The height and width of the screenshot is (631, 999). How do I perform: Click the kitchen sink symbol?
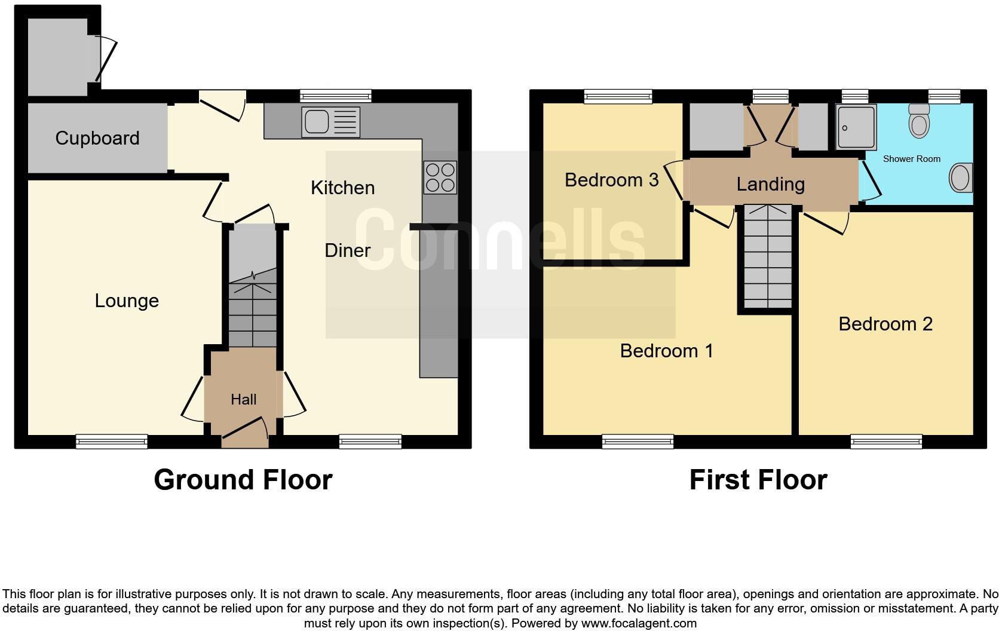(330, 122)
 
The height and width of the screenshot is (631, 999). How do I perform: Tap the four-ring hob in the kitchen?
(440, 177)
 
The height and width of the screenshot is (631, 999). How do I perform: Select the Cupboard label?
(97, 138)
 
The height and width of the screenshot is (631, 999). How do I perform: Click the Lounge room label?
(127, 301)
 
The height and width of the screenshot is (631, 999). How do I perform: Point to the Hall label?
(244, 399)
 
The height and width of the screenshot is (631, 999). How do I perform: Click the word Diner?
(347, 250)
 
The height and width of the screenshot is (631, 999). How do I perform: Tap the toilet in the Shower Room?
(919, 121)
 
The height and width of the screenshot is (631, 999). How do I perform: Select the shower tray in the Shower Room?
(856, 127)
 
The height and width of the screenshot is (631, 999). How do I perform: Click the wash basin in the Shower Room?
(961, 178)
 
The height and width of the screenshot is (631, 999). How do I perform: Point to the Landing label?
(770, 184)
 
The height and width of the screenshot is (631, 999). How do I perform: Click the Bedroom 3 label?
(611, 179)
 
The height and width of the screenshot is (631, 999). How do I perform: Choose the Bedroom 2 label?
(885, 324)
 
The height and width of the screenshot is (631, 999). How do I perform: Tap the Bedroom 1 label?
(666, 351)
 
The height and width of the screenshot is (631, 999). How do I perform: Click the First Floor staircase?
(768, 257)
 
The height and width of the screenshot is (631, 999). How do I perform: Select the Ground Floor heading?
(243, 480)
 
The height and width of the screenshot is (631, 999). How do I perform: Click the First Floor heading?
(758, 480)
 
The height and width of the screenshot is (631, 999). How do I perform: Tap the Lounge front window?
(112, 441)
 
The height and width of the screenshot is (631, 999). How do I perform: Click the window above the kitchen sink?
(336, 96)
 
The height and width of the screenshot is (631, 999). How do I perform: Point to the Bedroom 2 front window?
(886, 442)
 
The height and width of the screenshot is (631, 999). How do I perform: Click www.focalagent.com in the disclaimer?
(639, 623)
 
